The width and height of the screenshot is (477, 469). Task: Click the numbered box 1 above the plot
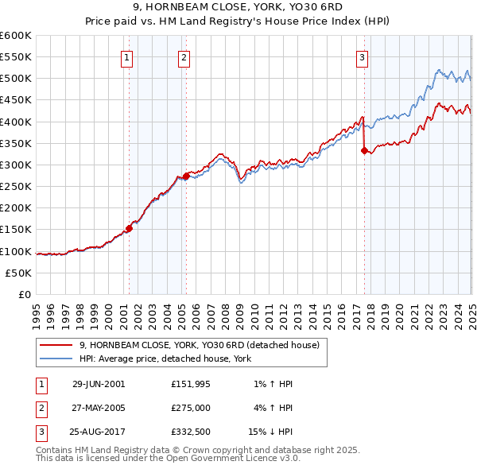[x=128, y=56]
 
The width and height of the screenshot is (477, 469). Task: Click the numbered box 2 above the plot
[x=184, y=56]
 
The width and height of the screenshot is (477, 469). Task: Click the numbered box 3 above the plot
[x=362, y=56]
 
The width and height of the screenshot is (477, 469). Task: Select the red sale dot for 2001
[x=129, y=229]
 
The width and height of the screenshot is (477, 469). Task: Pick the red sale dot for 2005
[x=186, y=176]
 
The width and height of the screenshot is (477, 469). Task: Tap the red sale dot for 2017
[x=364, y=150]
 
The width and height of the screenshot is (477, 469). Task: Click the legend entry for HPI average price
[x=165, y=359]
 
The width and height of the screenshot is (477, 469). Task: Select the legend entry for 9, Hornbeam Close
[x=199, y=345]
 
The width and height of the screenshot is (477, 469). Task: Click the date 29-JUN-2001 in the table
[x=99, y=384]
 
